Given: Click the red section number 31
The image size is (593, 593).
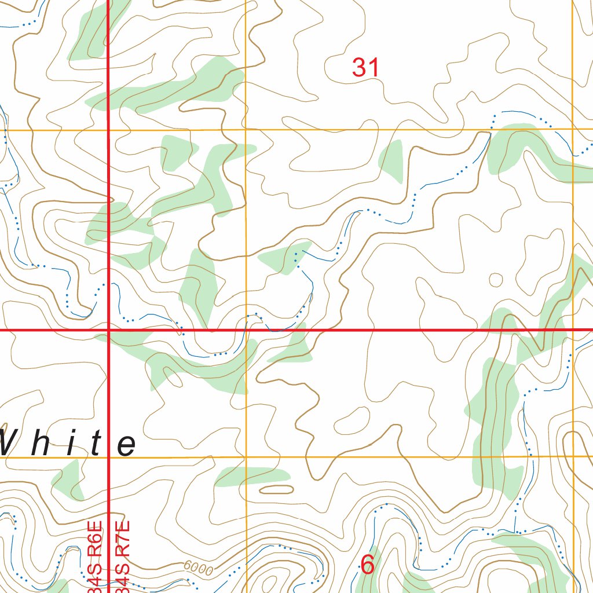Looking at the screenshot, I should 366,68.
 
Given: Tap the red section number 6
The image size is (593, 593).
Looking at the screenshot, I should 367,565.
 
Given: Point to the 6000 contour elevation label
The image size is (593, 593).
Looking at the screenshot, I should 199,569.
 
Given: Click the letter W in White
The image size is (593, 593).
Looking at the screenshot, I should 10,443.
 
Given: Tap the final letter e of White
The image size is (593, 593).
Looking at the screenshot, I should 126,445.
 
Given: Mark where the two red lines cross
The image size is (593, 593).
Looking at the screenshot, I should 109,330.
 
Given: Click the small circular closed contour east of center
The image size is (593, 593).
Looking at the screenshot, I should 496,280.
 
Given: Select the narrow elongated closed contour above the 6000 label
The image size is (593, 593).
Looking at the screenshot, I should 276,490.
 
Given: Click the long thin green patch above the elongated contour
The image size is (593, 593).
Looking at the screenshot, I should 252,476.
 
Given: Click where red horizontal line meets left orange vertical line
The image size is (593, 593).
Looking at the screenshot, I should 246,330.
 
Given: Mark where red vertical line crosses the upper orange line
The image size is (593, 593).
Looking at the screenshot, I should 109,130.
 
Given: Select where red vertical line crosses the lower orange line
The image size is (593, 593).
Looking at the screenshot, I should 109,457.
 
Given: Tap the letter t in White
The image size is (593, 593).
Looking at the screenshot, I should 96,443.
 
